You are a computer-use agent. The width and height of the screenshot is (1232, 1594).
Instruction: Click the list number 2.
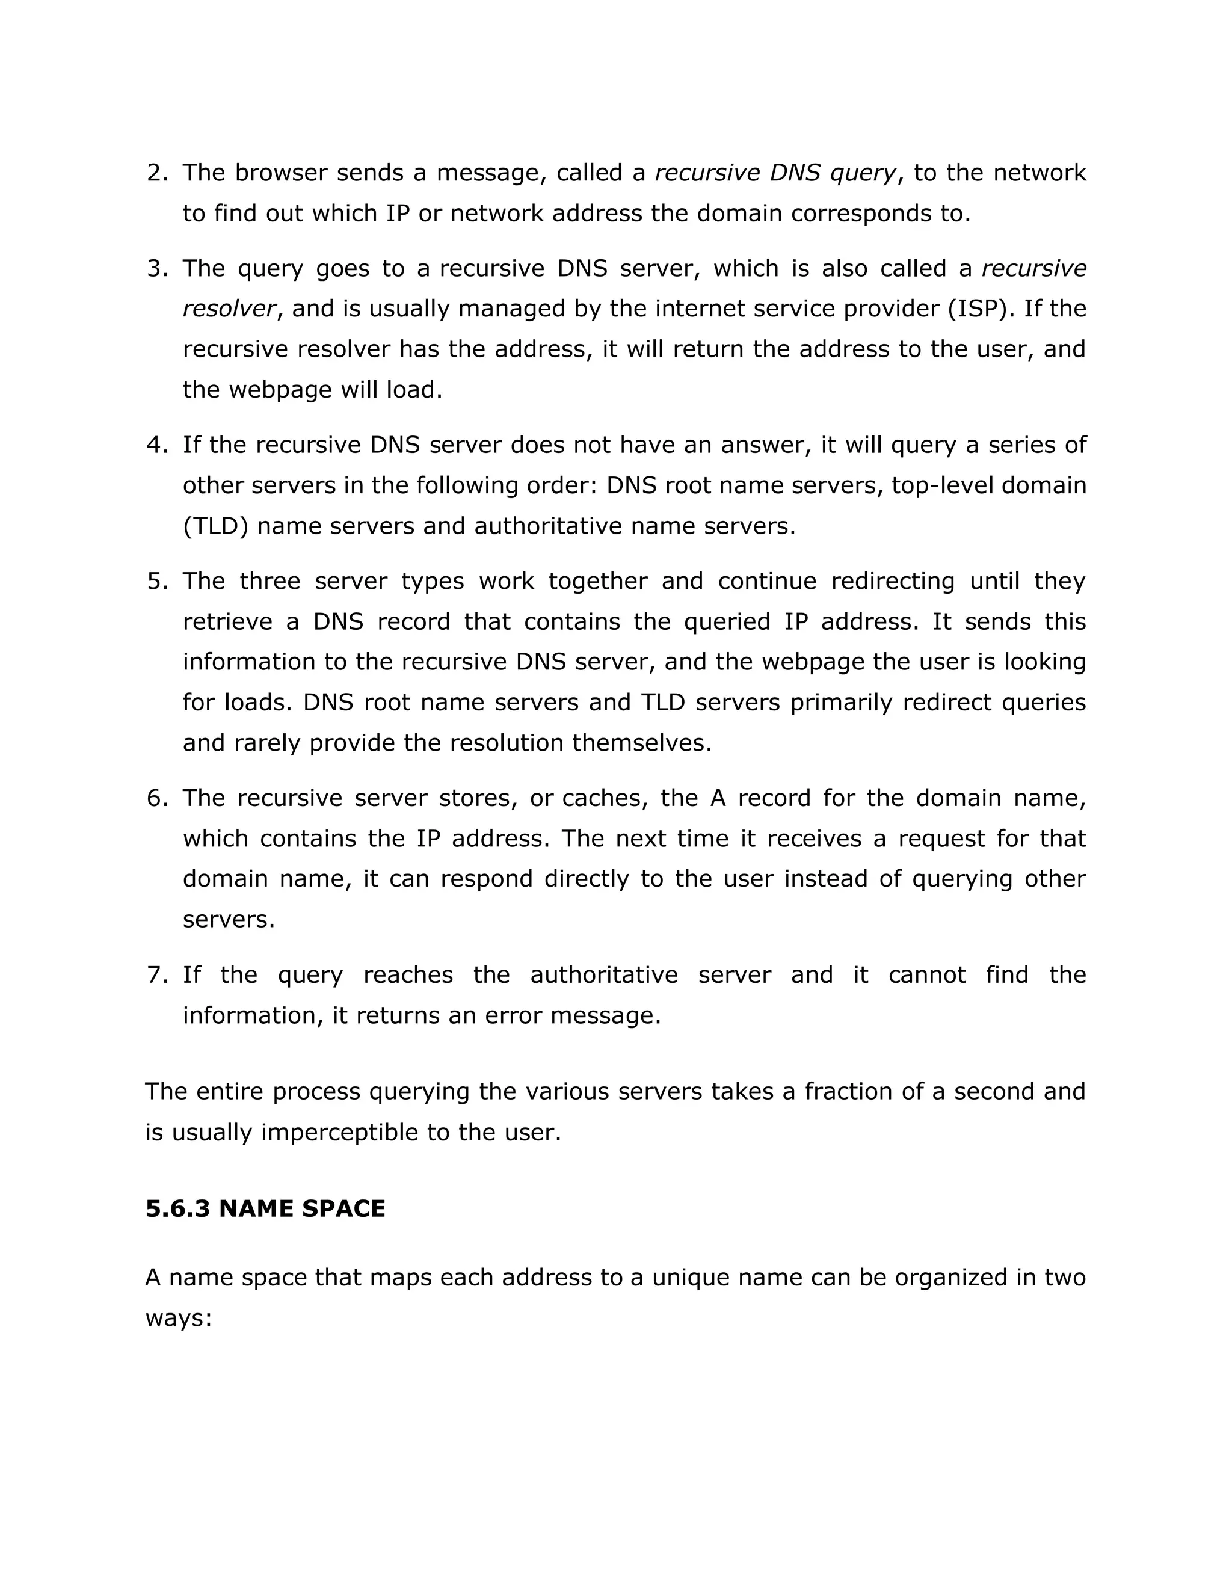tap(156, 173)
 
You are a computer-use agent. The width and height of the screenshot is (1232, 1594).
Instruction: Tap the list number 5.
tap(156, 582)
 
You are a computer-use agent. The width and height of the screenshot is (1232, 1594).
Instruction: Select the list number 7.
tap(156, 975)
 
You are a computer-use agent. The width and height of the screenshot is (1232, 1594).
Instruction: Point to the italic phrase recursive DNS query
tap(775, 173)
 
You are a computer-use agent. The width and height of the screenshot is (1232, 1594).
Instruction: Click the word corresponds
tap(859, 214)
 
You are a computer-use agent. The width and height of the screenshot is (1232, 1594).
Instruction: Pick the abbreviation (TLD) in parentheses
tap(216, 526)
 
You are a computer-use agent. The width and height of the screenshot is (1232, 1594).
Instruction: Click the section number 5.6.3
tap(177, 1208)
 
